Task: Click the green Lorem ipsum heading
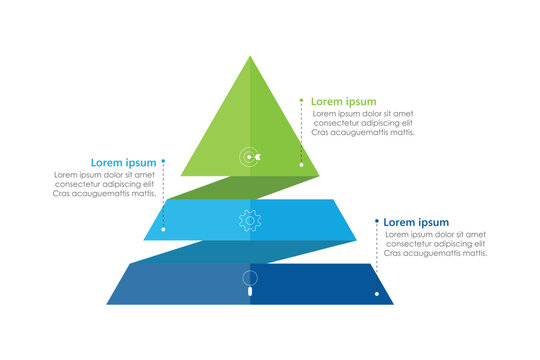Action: [343, 101]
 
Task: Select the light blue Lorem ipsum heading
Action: [123, 162]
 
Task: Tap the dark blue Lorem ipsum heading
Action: [416, 222]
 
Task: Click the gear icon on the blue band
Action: [250, 220]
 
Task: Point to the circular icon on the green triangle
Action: [250, 156]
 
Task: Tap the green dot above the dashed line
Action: [301, 100]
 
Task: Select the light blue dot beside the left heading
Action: [163, 161]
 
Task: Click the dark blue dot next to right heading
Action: [376, 222]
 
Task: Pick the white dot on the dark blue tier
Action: [377, 294]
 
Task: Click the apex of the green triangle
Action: [250, 57]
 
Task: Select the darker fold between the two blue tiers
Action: [250, 251]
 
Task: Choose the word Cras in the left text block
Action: [62, 193]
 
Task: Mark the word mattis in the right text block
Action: [470, 253]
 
